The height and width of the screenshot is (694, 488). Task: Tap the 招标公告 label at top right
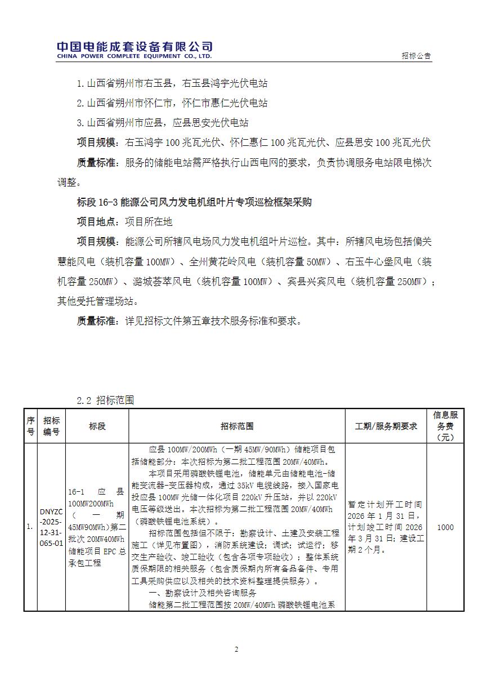click(417, 56)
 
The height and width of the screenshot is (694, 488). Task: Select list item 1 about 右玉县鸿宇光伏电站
click(172, 84)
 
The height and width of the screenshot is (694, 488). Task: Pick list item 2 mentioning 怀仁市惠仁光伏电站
click(172, 103)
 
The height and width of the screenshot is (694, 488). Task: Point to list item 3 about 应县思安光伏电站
click(163, 123)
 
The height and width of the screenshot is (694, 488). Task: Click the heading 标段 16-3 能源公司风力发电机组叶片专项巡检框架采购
click(194, 202)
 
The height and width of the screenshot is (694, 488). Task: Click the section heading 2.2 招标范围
click(105, 400)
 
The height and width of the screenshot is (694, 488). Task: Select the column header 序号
click(30, 426)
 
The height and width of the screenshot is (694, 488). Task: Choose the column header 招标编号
click(51, 426)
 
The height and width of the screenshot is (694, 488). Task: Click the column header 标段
click(97, 426)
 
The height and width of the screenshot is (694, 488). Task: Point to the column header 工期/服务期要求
click(386, 426)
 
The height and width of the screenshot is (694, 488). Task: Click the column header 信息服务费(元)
click(445, 426)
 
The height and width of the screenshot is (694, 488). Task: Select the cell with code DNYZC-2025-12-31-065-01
click(51, 528)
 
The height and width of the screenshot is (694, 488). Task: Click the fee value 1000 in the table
click(445, 528)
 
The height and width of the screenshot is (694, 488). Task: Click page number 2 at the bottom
click(236, 649)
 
